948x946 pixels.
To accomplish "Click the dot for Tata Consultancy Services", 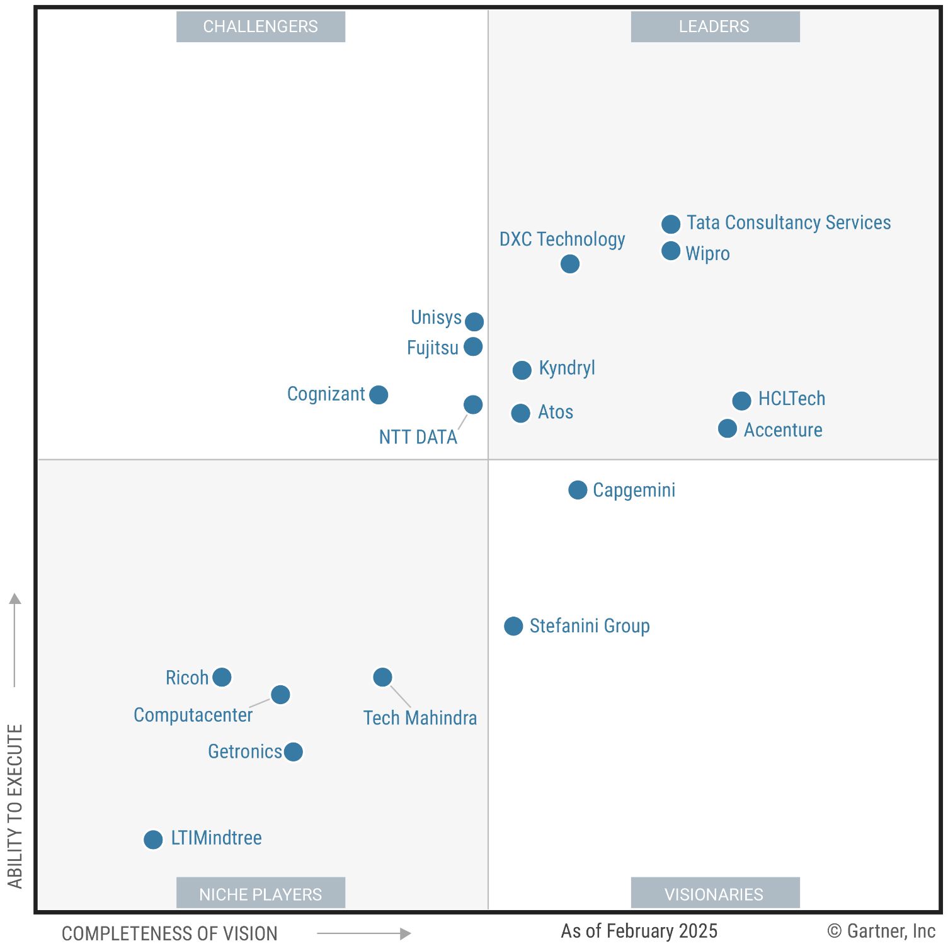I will tap(671, 224).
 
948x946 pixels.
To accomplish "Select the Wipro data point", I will tap(671, 251).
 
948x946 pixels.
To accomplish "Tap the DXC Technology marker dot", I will tap(570, 264).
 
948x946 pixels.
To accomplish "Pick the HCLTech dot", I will tap(742, 400).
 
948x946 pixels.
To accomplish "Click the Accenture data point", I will tap(728, 429).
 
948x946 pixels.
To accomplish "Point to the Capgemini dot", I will tap(578, 490).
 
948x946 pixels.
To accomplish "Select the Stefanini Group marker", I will tap(513, 626).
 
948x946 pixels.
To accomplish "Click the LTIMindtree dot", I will tap(153, 839).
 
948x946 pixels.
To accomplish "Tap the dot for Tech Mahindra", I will tap(382, 677).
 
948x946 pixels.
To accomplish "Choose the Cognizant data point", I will tap(379, 395).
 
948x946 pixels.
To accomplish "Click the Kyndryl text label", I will tap(567, 368).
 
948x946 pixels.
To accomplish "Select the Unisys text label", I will tap(436, 317).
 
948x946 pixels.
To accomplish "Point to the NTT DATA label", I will tap(418, 437).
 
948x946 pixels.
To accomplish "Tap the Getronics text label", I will tap(245, 751).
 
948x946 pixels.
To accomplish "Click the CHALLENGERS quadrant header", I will tap(260, 26).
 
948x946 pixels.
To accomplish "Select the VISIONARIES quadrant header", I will tap(714, 894).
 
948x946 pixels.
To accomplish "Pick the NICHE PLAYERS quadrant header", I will tap(260, 894).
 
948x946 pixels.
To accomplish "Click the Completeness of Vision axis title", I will tap(169, 933).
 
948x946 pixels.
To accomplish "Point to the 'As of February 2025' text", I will tap(639, 931).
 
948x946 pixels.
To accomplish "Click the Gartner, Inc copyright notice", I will tap(881, 931).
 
